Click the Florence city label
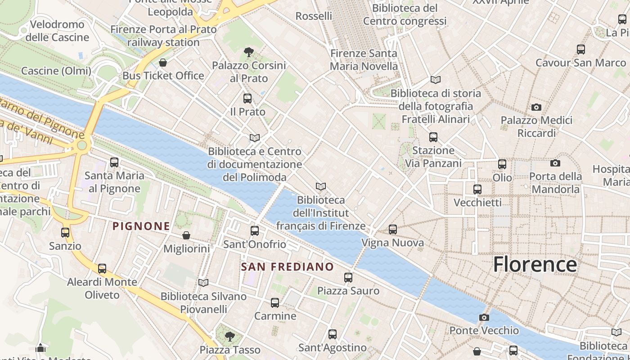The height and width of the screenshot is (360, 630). pyautogui.click(x=535, y=264)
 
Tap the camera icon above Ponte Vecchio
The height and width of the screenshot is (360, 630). pyautogui.click(x=484, y=317)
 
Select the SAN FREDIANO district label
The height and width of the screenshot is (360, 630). pyautogui.click(x=287, y=267)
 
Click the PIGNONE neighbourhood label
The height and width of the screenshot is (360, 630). pyautogui.click(x=141, y=226)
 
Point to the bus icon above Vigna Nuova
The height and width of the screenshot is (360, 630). pyautogui.click(x=392, y=229)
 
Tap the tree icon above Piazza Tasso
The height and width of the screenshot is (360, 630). pyautogui.click(x=229, y=336)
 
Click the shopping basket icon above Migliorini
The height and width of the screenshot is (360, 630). pyautogui.click(x=186, y=235)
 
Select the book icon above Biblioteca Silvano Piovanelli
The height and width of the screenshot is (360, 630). pyautogui.click(x=203, y=283)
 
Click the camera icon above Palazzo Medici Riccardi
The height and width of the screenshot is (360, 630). pyautogui.click(x=536, y=107)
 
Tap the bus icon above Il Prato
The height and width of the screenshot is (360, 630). pyautogui.click(x=247, y=99)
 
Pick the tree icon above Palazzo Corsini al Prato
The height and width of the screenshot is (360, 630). pyautogui.click(x=248, y=53)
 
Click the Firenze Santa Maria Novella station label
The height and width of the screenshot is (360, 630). pyautogui.click(x=364, y=60)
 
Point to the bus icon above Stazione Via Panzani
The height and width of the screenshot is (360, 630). pyautogui.click(x=433, y=137)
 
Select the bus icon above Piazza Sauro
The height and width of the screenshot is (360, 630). pyautogui.click(x=348, y=278)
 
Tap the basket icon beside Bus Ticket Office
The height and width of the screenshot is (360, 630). pyautogui.click(x=163, y=63)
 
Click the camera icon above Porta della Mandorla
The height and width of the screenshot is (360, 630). pyautogui.click(x=555, y=163)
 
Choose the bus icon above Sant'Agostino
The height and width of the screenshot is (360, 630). pyautogui.click(x=332, y=334)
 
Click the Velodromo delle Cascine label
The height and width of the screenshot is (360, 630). pyautogui.click(x=57, y=31)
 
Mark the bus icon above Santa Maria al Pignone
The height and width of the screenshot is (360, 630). pyautogui.click(x=114, y=162)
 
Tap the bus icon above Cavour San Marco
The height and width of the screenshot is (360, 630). pyautogui.click(x=580, y=49)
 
